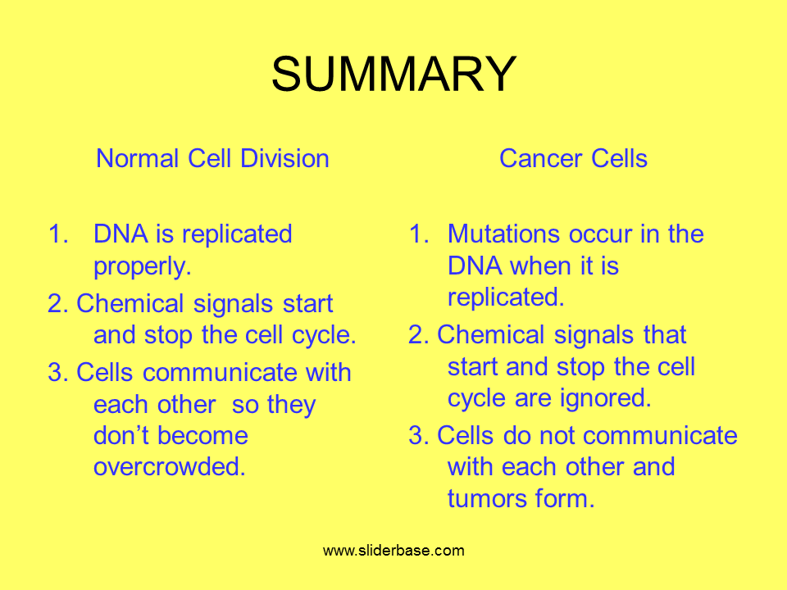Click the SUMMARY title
394,74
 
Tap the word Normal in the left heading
138,158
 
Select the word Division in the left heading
284,158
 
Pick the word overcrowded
170,466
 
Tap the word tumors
487,499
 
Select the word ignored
605,399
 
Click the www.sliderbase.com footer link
394,551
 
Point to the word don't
121,435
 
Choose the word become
202,435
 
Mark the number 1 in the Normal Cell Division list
57,234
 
